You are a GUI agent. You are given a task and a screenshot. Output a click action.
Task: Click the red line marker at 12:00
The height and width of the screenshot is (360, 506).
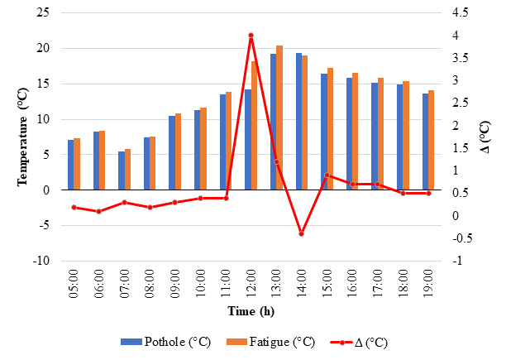(251, 36)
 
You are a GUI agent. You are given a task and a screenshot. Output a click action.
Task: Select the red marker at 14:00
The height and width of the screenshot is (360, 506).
(301, 234)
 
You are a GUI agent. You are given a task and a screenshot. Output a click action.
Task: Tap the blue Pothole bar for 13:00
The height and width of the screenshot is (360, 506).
(273, 122)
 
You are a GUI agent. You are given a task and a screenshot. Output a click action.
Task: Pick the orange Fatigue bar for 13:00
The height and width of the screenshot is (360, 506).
(279, 118)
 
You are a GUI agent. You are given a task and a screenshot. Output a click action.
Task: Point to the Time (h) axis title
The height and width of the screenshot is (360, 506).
(251, 310)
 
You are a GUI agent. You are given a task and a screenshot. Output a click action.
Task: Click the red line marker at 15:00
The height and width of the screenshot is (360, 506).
(327, 175)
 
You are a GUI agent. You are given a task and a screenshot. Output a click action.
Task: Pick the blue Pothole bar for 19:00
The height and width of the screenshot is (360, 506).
(425, 142)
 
